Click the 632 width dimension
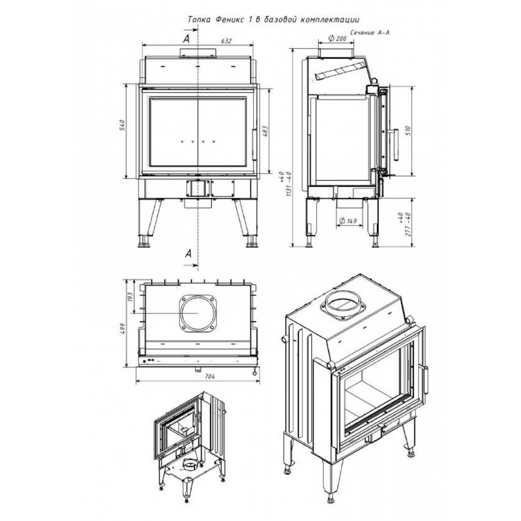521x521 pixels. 226,41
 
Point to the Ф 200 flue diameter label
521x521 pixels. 337,39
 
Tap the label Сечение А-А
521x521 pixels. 370,33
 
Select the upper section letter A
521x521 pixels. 187,39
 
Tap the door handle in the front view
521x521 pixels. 254,144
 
